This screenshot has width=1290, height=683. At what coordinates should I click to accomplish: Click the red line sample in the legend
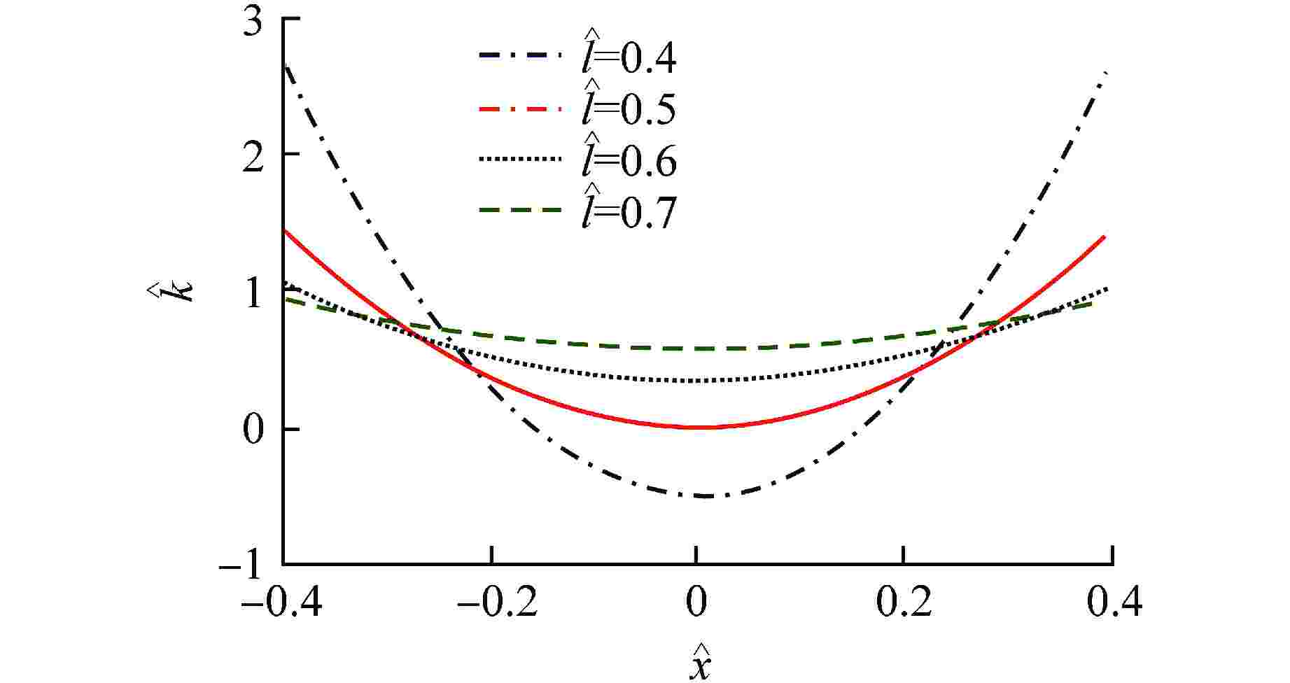pos(520,108)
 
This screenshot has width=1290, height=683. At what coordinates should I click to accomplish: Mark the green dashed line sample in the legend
pos(520,210)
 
